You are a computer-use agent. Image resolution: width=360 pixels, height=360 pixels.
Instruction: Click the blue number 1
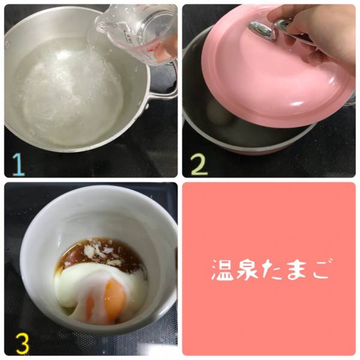click(19, 164)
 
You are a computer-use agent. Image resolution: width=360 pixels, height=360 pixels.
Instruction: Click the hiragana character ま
click(296, 271)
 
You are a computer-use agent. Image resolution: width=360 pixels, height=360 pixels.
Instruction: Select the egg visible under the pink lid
click(218, 113)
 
